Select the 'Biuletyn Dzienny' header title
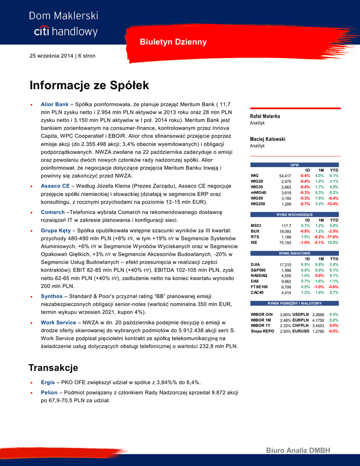point(173,42)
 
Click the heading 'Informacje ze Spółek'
point(89,86)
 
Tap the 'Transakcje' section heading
point(53,368)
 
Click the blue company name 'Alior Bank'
point(55,104)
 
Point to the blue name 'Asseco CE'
point(55,186)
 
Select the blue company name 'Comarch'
point(53,212)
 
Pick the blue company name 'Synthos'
point(51,296)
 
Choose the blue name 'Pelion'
point(49,392)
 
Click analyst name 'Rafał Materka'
point(265,116)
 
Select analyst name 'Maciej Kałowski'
point(268,139)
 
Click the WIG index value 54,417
point(285,176)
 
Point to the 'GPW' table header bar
point(295,165)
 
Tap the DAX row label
point(255,281)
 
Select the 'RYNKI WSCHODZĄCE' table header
point(295,214)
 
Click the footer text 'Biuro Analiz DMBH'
point(298,451)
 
